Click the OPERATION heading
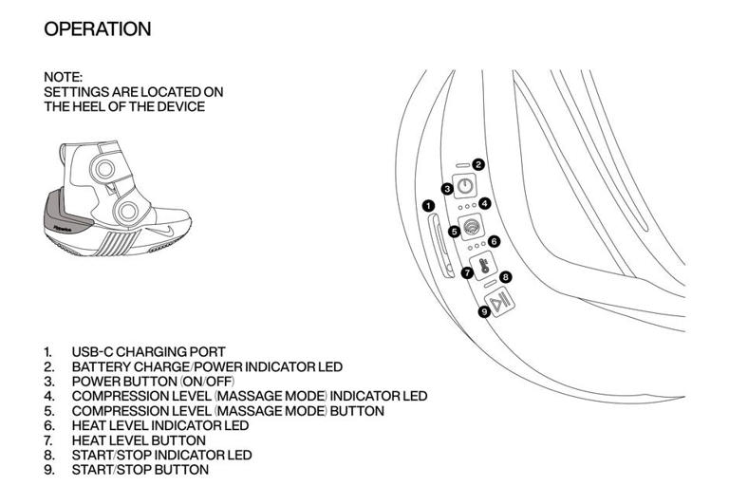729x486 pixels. [97, 28]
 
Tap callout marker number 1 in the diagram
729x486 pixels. [428, 206]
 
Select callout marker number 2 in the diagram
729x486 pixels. [478, 164]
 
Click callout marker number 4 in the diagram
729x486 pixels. [484, 203]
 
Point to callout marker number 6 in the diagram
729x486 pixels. [494, 242]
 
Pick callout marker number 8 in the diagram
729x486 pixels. [506, 277]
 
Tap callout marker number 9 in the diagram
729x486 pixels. [485, 309]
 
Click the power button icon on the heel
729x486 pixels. [465, 187]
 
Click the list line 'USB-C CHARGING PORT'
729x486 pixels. [148, 352]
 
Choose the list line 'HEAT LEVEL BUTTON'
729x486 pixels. [138, 440]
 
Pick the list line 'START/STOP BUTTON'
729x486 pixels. [140, 470]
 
